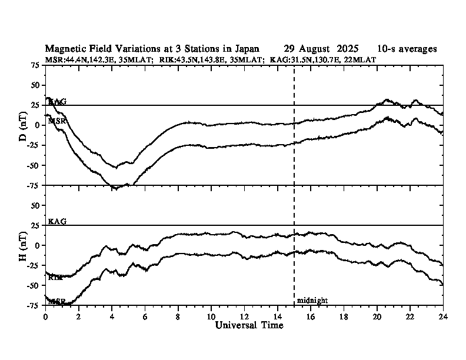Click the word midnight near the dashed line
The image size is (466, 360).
pos(312,301)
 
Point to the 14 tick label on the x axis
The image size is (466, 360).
pos(277,316)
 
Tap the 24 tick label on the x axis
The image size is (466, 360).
pos(442,316)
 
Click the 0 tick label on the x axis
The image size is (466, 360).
pos(45,316)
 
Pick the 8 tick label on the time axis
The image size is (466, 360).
pos(178,316)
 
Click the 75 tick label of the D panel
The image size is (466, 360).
pos(35,66)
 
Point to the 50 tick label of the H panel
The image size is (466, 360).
pos(35,205)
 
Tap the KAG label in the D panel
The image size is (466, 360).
pos(57,102)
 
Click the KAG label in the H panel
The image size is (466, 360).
pos(57,221)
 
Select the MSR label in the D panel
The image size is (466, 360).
pos(57,121)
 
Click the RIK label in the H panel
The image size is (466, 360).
pos(56,277)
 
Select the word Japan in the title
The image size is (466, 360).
pos(246,49)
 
